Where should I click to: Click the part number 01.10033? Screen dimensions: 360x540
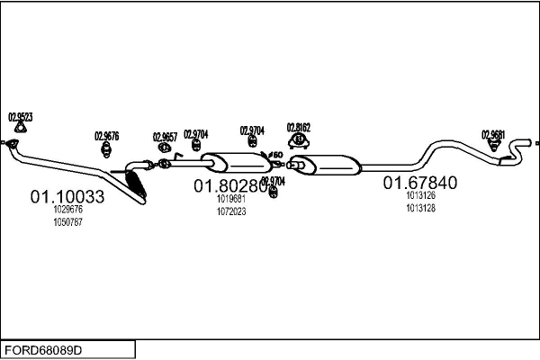point(67,196)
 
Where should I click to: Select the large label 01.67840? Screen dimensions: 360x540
point(420,183)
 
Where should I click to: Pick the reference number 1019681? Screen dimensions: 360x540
point(231,200)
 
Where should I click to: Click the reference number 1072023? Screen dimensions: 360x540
point(231,211)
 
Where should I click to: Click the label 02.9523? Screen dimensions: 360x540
point(21,117)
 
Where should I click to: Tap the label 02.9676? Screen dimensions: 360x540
point(106,136)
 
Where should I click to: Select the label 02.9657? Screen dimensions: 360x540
point(165,136)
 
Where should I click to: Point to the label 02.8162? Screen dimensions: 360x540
point(299,127)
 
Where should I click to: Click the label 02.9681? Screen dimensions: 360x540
point(493,134)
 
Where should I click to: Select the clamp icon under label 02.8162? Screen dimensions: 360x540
point(298,140)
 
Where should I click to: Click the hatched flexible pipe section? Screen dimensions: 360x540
point(137,184)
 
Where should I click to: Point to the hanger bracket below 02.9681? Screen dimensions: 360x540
point(494,147)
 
